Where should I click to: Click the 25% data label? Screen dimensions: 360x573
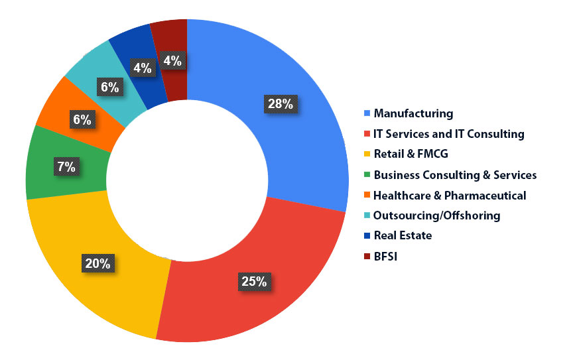click(x=253, y=280)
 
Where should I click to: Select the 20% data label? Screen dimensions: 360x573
click(x=98, y=263)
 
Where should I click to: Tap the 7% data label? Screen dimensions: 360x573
click(x=66, y=166)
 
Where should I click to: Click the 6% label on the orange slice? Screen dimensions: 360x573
click(x=83, y=119)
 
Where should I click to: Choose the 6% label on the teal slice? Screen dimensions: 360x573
click(x=110, y=87)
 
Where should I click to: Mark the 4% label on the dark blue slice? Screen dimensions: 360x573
click(x=142, y=67)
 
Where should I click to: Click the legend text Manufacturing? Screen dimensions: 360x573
click(x=413, y=113)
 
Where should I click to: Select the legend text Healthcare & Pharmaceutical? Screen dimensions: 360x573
click(x=450, y=196)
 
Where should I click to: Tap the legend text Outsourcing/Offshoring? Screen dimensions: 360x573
click(x=436, y=215)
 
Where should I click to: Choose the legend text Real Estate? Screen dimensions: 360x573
click(x=403, y=235)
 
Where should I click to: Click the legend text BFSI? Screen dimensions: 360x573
click(x=387, y=256)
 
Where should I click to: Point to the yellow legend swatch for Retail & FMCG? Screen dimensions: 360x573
click(x=367, y=154)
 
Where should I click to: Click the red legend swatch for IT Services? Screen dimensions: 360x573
click(x=367, y=134)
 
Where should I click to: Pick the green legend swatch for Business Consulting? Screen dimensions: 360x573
click(x=367, y=175)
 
